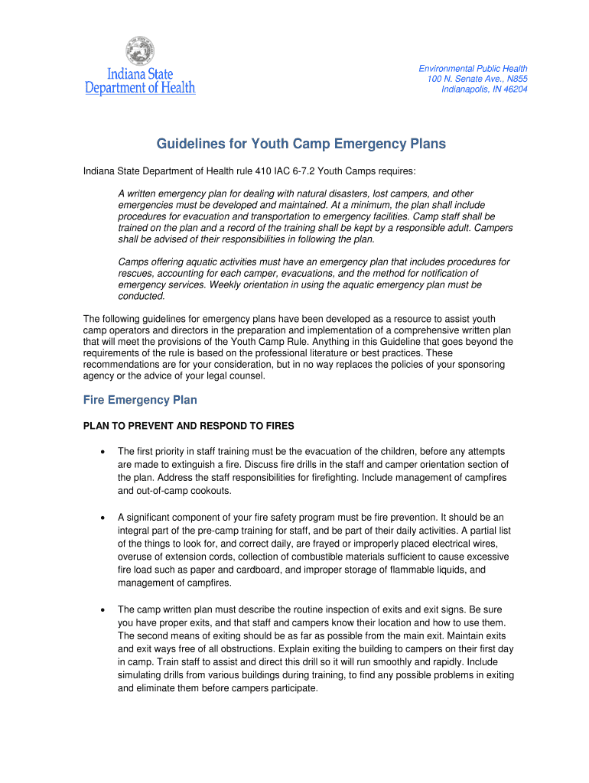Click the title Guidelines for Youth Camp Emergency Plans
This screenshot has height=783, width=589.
coord(301,144)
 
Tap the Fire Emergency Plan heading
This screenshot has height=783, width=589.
coord(140,400)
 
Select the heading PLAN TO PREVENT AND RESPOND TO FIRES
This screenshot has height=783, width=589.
coord(188,425)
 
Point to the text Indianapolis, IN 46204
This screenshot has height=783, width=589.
coord(484,89)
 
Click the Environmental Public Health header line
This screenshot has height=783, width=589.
coord(473,69)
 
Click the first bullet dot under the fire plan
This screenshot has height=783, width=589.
coord(102,451)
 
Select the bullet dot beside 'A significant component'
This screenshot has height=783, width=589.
coord(102,518)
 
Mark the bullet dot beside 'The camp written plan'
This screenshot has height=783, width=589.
coord(102,609)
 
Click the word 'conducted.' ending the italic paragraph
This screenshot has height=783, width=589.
coord(142,296)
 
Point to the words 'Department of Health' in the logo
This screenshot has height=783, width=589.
coord(140,88)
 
